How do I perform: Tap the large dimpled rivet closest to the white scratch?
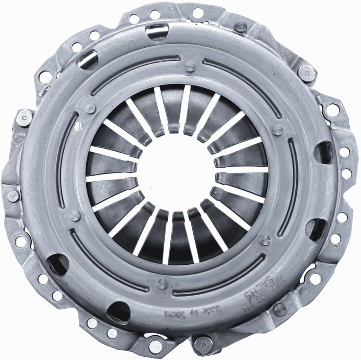[x=24, y=117]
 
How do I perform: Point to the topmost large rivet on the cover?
[x=240, y=26]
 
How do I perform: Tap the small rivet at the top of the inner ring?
[x=189, y=66]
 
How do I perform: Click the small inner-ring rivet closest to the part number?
[x=265, y=240]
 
